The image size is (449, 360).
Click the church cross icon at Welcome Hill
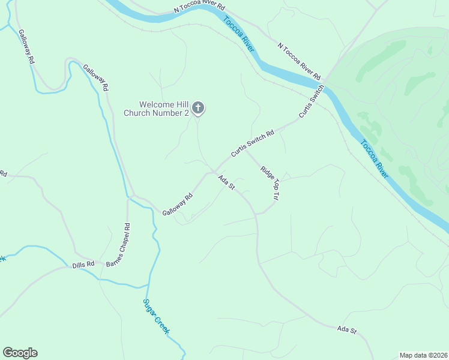tap(198, 108)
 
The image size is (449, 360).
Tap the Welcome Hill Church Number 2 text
tap(157, 108)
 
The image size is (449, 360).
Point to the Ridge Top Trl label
tap(270, 182)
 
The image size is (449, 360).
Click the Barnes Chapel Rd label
tap(118, 245)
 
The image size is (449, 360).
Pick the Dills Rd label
tap(83, 264)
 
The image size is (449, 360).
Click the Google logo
tap(20, 353)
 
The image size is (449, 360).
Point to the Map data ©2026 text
tap(423, 355)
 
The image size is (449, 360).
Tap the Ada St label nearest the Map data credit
tap(347, 330)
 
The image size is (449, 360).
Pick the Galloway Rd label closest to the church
tap(95, 77)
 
